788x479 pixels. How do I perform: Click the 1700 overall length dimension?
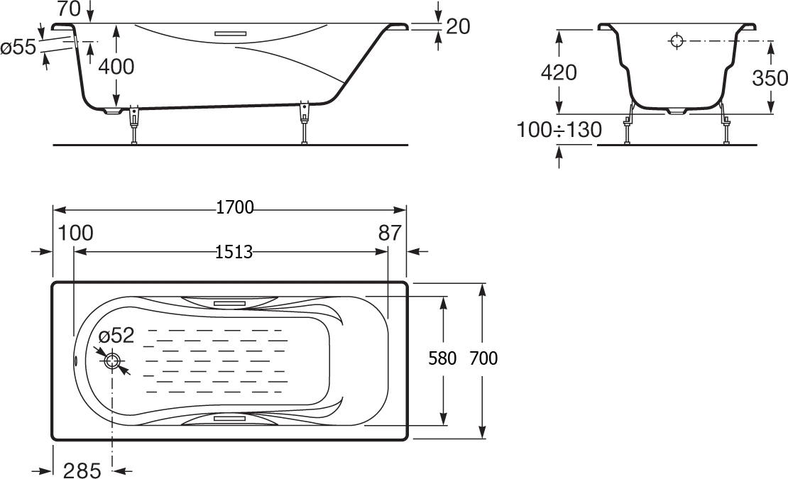click(x=235, y=207)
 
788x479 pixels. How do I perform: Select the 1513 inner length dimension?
click(x=234, y=251)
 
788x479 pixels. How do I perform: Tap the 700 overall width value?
click(x=483, y=358)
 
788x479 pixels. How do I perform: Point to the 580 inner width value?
click(x=442, y=358)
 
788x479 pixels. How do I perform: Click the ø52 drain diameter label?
click(x=116, y=335)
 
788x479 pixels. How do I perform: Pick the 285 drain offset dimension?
click(x=82, y=470)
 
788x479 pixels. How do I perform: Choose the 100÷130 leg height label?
click(x=559, y=130)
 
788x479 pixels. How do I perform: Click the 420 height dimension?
click(x=558, y=73)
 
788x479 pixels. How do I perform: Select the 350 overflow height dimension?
click(x=770, y=78)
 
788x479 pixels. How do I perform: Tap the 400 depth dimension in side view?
click(x=116, y=66)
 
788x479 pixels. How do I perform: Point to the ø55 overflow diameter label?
click(x=18, y=48)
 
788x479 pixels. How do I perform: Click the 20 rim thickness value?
click(x=458, y=27)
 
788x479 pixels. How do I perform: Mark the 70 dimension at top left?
click(x=69, y=9)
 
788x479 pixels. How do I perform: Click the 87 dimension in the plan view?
click(x=390, y=233)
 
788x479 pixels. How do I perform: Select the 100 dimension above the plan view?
click(x=76, y=233)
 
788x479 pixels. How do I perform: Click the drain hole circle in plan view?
click(x=112, y=361)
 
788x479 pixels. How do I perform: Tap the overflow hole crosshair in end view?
click(x=677, y=41)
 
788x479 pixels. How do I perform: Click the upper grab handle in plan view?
click(x=230, y=303)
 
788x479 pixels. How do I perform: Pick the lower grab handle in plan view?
click(x=230, y=418)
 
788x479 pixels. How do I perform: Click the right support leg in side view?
click(x=304, y=123)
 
